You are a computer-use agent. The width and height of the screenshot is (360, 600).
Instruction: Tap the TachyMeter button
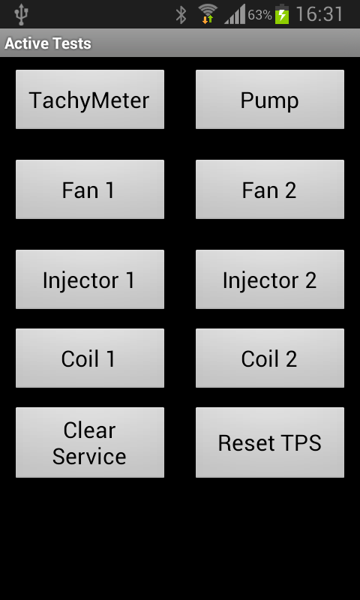(90, 99)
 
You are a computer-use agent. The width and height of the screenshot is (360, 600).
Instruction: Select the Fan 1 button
(90, 190)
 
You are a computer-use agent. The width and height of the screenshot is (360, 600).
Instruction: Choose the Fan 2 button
(270, 190)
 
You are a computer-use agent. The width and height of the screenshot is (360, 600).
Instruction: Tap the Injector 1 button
(90, 279)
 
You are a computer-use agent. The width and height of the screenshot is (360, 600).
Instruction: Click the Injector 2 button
(270, 279)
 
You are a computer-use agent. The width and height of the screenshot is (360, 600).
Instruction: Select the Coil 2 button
(270, 358)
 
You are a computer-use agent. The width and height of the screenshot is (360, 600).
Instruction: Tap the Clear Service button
(90, 442)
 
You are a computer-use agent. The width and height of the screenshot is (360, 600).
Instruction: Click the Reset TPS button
(270, 442)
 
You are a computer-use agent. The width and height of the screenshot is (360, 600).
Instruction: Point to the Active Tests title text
(48, 43)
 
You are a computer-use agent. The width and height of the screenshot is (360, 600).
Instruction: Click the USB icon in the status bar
(21, 14)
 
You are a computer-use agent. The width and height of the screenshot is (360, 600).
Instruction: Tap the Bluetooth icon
(181, 15)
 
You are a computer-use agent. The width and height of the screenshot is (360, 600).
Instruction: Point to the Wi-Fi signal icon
(208, 14)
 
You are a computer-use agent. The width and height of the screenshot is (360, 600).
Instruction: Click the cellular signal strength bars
(234, 14)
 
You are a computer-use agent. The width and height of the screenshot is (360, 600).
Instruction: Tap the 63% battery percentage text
(259, 15)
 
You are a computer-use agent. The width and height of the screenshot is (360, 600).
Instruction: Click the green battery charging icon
(282, 14)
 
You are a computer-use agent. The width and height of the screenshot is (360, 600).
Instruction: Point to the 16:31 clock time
(319, 14)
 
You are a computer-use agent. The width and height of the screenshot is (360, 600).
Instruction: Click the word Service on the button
(89, 456)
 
